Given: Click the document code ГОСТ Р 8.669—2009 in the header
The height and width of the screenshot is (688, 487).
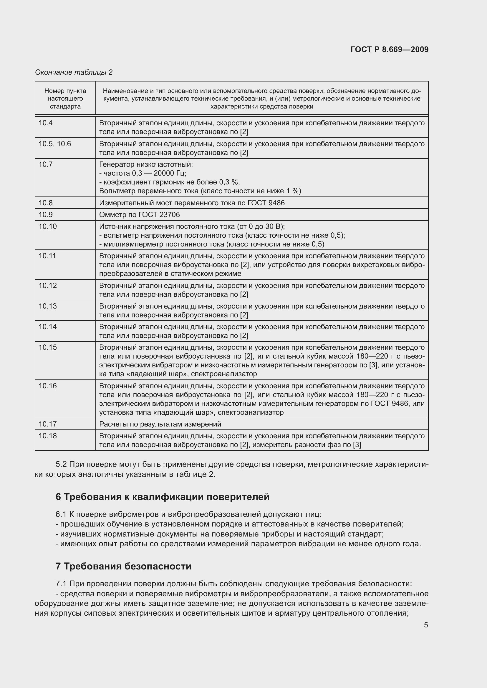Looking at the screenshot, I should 389,49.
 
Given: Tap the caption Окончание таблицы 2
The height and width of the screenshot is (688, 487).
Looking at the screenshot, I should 74,72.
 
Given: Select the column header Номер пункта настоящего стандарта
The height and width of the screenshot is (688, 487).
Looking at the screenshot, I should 65,98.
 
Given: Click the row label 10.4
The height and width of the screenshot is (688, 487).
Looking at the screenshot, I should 46,123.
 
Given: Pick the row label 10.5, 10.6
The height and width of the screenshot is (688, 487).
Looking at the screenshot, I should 54,144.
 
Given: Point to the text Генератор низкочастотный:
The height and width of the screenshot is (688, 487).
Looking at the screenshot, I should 146,164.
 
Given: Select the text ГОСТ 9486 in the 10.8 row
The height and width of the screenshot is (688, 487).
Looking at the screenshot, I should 266,203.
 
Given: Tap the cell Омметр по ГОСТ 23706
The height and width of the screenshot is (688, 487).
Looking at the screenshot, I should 140,214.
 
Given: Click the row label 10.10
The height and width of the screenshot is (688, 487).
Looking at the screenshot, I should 47,226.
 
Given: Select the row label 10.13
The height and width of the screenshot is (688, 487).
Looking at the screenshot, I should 47,306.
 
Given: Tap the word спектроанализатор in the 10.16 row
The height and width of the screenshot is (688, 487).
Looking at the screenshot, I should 251,412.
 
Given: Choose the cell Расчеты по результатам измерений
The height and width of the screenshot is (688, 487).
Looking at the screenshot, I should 160,424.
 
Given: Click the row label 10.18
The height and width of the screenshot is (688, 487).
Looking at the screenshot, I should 47,436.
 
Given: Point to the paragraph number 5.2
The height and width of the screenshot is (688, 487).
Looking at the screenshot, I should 61,464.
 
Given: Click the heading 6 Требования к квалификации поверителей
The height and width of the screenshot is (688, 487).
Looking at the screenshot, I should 163,497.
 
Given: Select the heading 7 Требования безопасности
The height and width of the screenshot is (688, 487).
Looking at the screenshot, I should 124,566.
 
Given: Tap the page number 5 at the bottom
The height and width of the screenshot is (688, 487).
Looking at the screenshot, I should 426,625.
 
